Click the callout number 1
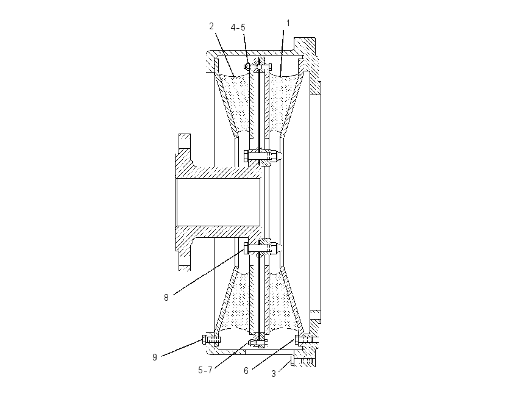pyautogui.click(x=288, y=23)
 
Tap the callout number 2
pyautogui.click(x=211, y=26)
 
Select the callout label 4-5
pyautogui.click(x=238, y=27)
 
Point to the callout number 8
pyautogui.click(x=166, y=298)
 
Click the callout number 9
pyautogui.click(x=155, y=357)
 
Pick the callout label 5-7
pyautogui.click(x=205, y=370)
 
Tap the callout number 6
pyautogui.click(x=246, y=371)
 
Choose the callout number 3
pyautogui.click(x=274, y=374)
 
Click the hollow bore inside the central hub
pyautogui.click(x=218, y=202)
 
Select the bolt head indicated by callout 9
pyautogui.click(x=205, y=340)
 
